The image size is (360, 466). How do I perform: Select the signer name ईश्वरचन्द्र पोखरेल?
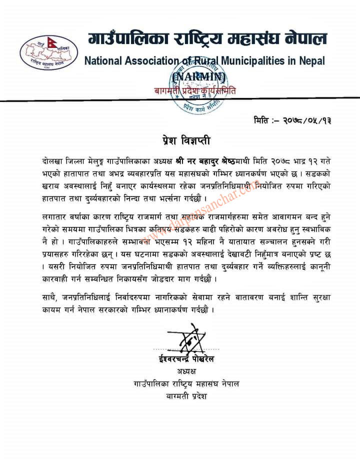point(184,360)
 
